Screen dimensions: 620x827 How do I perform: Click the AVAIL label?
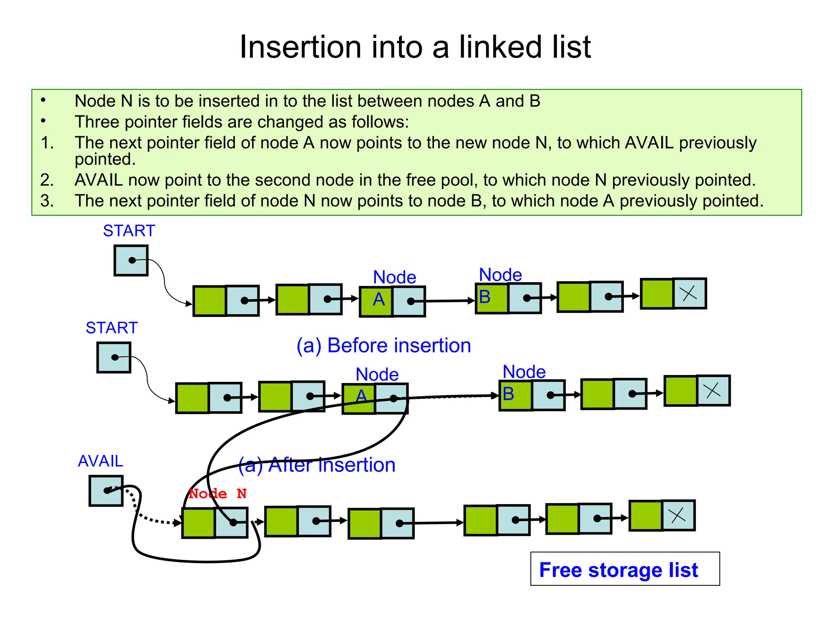(x=100, y=461)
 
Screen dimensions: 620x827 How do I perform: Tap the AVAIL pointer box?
(x=106, y=491)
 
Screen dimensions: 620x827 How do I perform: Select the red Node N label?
(x=218, y=493)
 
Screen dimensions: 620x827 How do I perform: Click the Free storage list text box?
(x=624, y=569)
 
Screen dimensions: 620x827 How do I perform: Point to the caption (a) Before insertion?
(x=384, y=346)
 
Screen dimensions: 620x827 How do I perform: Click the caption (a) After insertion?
(x=317, y=465)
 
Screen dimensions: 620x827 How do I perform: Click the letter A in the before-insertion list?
(x=379, y=300)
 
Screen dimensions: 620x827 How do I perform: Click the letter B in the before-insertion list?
(x=485, y=297)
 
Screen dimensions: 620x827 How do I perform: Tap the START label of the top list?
(x=129, y=230)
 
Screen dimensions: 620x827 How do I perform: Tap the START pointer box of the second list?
(x=114, y=358)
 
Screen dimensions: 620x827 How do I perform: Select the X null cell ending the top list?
(x=689, y=293)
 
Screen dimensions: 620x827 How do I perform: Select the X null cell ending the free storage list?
(x=678, y=515)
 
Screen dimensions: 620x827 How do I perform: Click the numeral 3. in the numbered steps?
(x=47, y=201)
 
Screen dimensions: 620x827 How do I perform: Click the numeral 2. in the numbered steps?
(x=47, y=180)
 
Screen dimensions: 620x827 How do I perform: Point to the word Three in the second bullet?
(x=97, y=122)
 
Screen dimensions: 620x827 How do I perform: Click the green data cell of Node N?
(x=199, y=523)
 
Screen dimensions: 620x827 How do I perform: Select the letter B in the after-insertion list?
(x=508, y=394)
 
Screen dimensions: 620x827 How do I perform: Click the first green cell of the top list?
(x=210, y=301)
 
